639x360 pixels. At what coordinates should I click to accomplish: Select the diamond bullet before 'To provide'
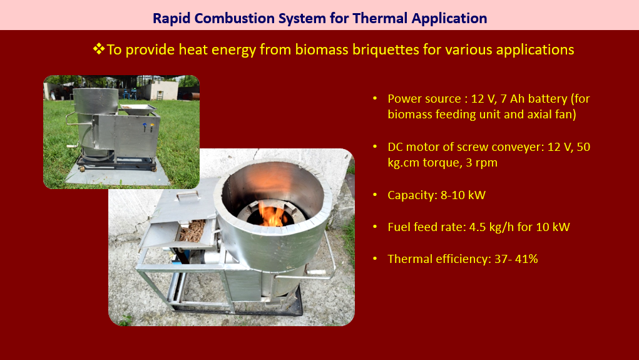coord(99,49)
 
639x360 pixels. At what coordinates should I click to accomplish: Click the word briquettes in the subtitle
coord(386,49)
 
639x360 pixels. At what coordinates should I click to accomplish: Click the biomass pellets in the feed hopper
coord(192,230)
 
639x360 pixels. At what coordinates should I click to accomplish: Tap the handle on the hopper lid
coord(188,196)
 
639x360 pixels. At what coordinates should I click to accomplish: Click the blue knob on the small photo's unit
coord(145,126)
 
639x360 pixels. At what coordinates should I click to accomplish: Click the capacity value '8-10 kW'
coord(463,195)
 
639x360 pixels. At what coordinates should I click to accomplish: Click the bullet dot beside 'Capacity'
coord(375,195)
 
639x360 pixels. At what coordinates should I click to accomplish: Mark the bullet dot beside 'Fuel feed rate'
coord(375,227)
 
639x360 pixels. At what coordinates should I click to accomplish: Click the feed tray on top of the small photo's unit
coord(138,108)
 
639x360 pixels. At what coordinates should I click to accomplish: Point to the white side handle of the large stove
coord(317,272)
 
